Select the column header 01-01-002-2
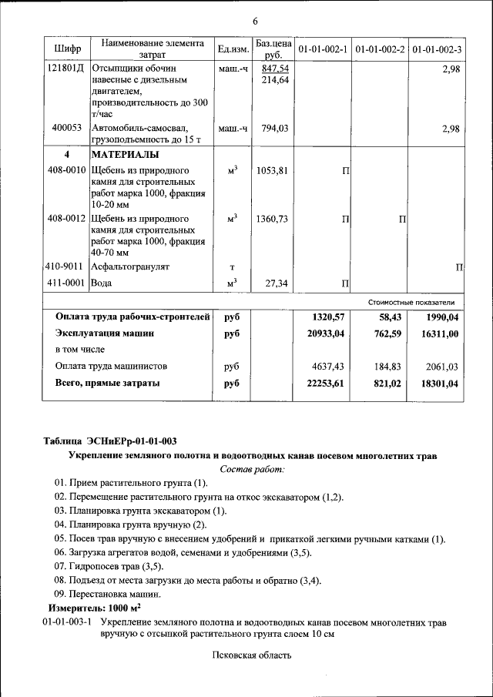coord(381,49)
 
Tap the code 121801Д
coord(66,68)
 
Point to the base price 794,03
coord(273,129)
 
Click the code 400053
coord(67,129)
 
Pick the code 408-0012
coord(66,219)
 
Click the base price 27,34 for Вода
coord(276,283)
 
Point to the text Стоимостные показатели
coord(416,302)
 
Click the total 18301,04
coord(438,383)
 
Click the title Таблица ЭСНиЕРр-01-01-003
coord(109,441)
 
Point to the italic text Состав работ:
coord(252,469)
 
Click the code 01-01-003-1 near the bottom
coord(67,621)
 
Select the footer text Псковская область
coord(252,655)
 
